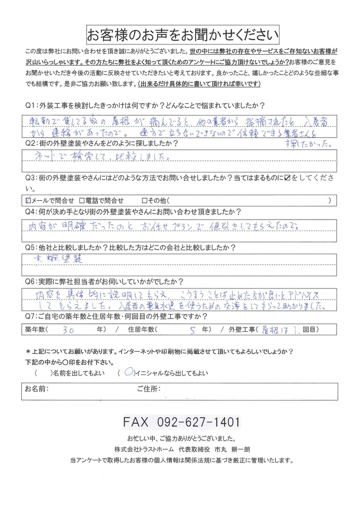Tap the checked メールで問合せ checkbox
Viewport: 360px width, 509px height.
click(28, 200)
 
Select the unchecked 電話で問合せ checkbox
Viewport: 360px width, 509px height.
click(82, 200)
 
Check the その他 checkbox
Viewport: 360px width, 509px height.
click(145, 200)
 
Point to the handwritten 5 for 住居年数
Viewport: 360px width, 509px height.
click(193, 330)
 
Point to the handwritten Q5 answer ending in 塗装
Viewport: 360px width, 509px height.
click(53, 258)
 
